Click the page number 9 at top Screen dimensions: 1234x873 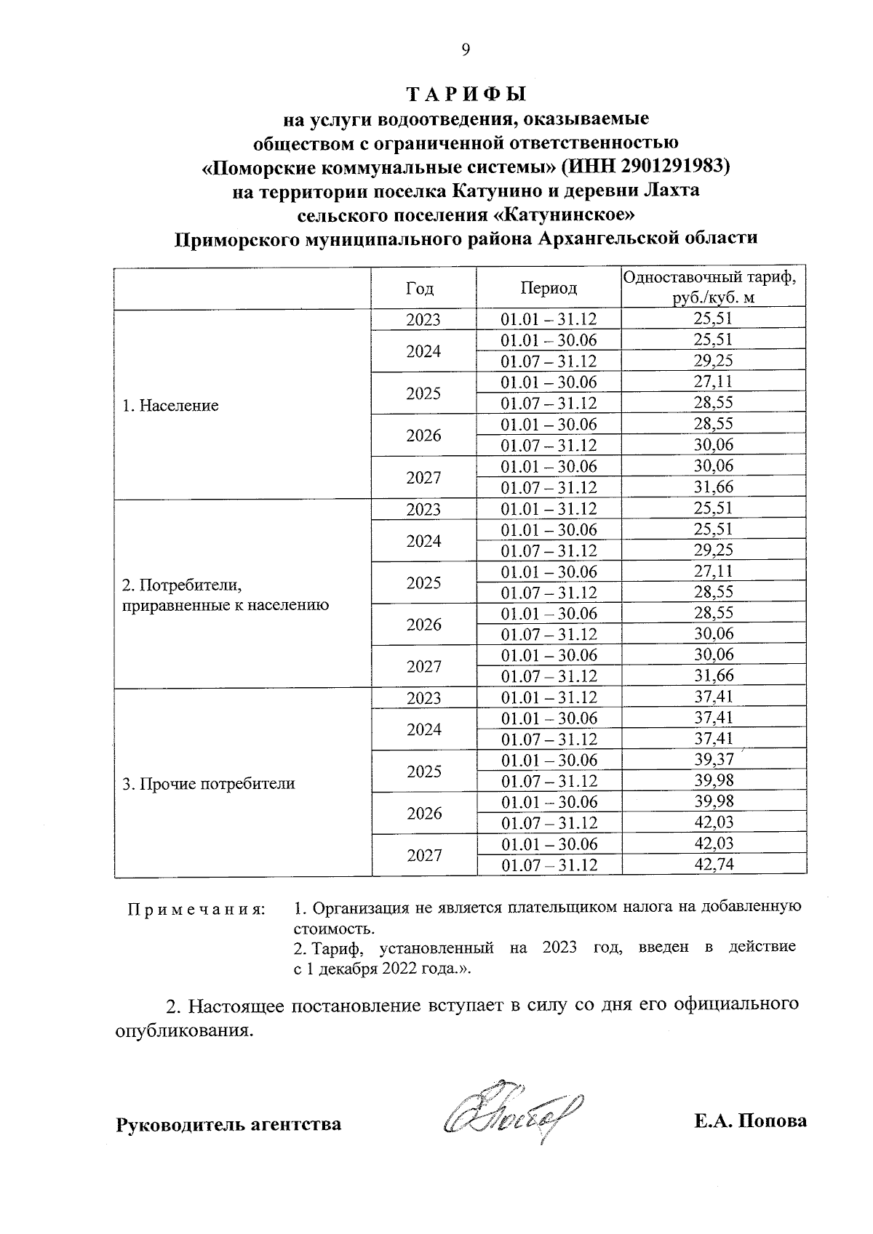[x=466, y=49]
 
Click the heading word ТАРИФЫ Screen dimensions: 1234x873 [x=466, y=95]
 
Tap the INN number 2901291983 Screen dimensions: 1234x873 [x=672, y=167]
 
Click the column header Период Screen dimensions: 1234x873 [x=549, y=288]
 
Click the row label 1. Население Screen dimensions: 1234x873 [x=170, y=406]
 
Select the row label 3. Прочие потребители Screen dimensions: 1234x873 [x=209, y=784]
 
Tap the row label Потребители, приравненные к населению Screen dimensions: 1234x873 [x=226, y=595]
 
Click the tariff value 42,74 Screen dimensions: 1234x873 [x=714, y=865]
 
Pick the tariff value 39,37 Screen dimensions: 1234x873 [x=714, y=760]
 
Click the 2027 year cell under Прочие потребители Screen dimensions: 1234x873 [x=424, y=855]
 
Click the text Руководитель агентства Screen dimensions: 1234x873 [x=228, y=1124]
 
